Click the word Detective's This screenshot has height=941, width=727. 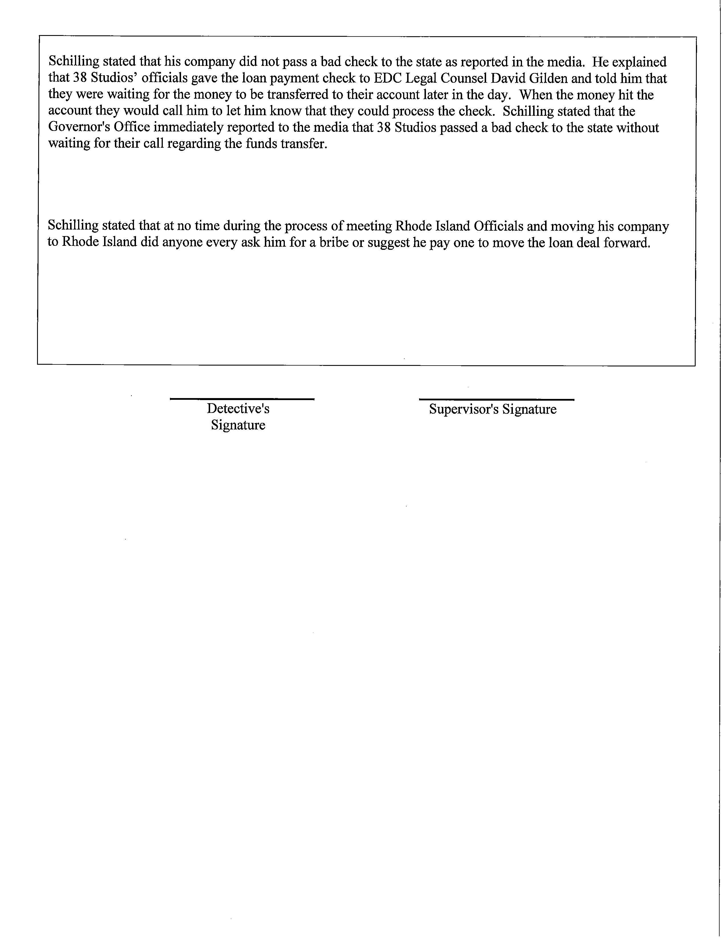point(238,408)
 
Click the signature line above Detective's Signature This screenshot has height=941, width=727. point(242,399)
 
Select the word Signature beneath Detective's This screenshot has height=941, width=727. point(238,425)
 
